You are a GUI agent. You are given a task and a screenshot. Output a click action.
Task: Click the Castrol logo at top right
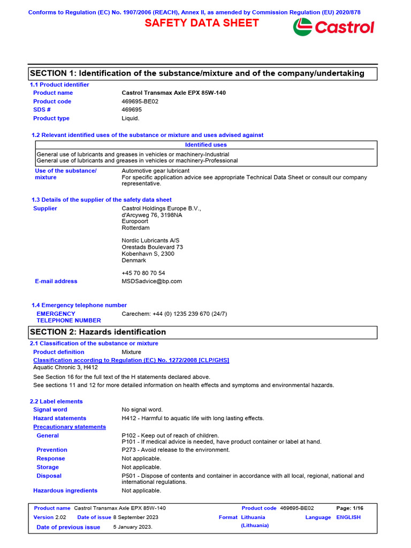(x=333, y=27)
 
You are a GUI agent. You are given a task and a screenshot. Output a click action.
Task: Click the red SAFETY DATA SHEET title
(x=202, y=23)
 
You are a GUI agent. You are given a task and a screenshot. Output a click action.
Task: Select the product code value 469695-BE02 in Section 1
(x=140, y=101)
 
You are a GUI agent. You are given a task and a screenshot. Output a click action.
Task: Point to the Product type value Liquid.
(x=131, y=118)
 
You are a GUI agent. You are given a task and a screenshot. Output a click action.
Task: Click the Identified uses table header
(x=205, y=144)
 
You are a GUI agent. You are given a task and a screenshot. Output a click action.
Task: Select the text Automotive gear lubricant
(x=155, y=171)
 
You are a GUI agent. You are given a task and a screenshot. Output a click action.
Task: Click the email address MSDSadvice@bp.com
(x=151, y=281)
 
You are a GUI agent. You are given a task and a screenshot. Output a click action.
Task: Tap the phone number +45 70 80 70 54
(x=143, y=273)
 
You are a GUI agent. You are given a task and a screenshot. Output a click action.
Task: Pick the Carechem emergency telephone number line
(x=174, y=314)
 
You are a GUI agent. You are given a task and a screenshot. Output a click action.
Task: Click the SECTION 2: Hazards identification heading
(x=98, y=332)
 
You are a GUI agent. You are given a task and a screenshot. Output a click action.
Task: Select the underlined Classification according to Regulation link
(x=131, y=360)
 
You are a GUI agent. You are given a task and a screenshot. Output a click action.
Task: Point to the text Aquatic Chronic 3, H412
(x=65, y=367)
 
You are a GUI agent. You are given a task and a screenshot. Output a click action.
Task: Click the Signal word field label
(x=50, y=409)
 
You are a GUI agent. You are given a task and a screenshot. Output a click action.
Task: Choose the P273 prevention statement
(x=176, y=450)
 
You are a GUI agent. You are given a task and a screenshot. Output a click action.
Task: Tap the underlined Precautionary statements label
(x=69, y=427)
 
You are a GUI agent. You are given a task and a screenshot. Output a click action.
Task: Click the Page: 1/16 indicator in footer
(x=349, y=508)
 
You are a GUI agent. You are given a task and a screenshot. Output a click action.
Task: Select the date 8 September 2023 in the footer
(x=135, y=517)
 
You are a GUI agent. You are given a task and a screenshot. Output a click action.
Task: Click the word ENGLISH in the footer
(x=348, y=517)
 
